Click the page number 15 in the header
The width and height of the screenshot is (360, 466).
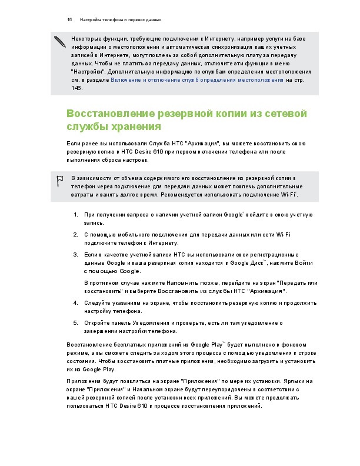click(x=69, y=20)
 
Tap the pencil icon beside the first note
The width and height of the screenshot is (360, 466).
click(x=59, y=41)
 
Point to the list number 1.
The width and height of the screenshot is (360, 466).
click(x=76, y=215)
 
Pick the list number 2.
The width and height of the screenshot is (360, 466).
click(x=76, y=235)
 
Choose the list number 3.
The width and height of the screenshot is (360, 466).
click(x=76, y=255)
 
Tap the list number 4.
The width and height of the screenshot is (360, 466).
click(x=76, y=302)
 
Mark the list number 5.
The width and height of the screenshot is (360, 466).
click(x=76, y=322)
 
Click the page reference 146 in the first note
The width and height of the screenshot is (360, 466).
click(x=76, y=88)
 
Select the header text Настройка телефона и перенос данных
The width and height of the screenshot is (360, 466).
click(x=121, y=20)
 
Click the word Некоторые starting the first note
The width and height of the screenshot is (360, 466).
click(x=85, y=36)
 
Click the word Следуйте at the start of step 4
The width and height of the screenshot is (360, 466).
click(x=98, y=302)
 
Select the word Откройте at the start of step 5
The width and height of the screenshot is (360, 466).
click(x=98, y=322)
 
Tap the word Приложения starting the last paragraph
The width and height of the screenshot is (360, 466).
click(x=83, y=381)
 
